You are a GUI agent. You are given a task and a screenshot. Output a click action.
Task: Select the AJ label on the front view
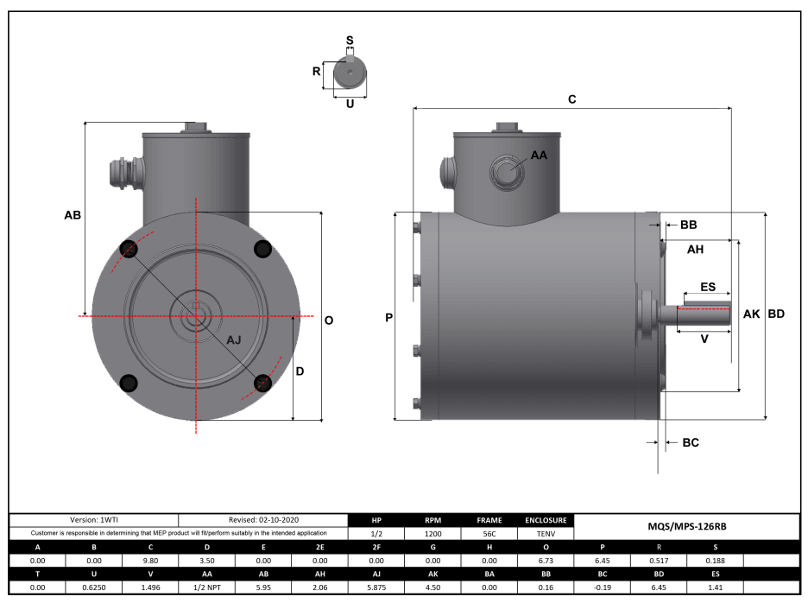click(234, 340)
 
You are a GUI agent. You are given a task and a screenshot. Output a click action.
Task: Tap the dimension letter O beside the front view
click(329, 320)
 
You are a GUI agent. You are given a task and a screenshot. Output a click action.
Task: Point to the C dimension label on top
click(571, 99)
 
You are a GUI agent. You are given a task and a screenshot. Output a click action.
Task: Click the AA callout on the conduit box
click(539, 156)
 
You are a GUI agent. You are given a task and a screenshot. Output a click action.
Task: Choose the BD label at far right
click(776, 314)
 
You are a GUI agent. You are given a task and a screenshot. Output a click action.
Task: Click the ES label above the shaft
click(707, 286)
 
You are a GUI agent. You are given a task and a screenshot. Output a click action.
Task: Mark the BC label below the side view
click(691, 442)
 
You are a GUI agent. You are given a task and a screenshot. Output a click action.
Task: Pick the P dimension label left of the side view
click(389, 318)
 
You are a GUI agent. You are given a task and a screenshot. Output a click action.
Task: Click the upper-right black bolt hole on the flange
click(263, 249)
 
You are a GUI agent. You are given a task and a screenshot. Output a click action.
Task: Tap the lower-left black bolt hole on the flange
click(129, 383)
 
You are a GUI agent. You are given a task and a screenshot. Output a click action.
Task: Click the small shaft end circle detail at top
click(349, 75)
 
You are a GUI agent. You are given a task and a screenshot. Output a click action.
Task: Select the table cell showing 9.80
click(150, 561)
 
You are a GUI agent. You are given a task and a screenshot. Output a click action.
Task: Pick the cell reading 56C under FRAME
click(489, 534)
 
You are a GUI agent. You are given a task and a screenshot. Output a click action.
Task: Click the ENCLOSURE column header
click(546, 521)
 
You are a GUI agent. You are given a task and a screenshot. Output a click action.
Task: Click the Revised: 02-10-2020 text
click(263, 520)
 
